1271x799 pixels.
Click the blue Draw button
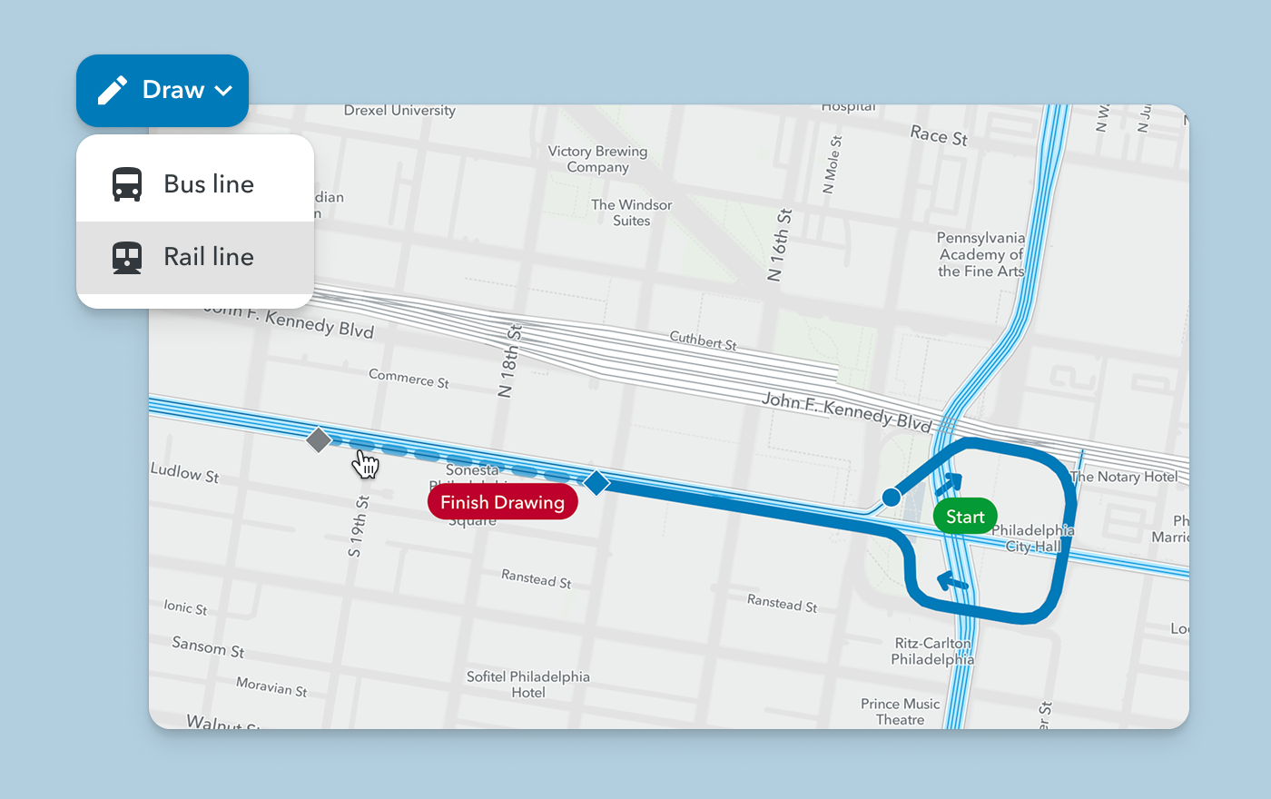point(163,90)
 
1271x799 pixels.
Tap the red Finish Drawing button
point(502,502)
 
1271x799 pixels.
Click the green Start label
point(965,517)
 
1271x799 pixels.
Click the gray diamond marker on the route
point(319,440)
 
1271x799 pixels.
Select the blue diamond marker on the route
point(596,482)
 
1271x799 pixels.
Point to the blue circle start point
point(892,497)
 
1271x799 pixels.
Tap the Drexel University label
point(399,111)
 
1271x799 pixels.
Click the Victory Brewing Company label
point(597,159)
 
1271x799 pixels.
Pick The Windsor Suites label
point(631,212)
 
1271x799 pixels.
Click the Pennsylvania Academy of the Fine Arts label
point(980,254)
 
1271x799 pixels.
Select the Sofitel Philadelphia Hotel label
point(527,685)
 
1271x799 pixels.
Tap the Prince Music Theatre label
point(900,711)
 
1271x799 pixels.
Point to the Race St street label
point(939,135)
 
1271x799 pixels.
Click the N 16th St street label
point(780,245)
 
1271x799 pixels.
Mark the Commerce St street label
point(409,378)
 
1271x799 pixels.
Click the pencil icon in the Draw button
point(113,91)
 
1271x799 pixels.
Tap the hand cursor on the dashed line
point(365,463)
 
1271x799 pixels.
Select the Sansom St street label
point(208,646)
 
